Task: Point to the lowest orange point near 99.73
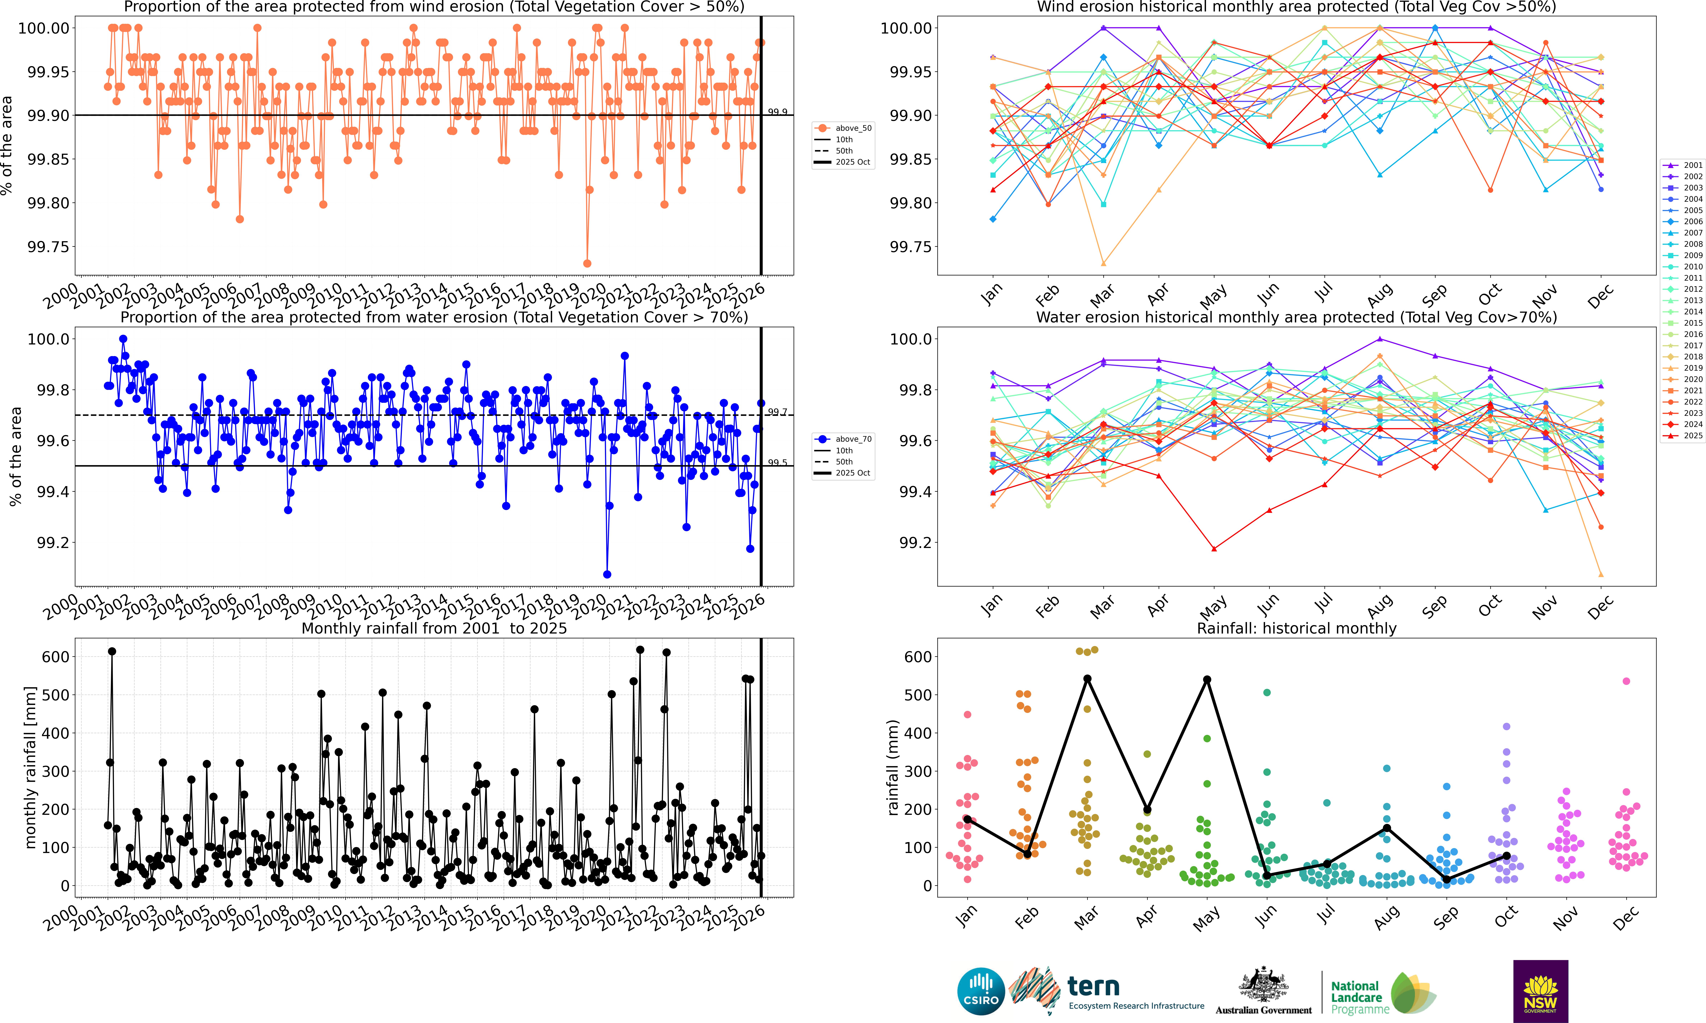click(587, 263)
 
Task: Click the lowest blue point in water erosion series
click(607, 574)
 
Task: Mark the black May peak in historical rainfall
click(1207, 680)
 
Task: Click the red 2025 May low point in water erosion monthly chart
click(1214, 549)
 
